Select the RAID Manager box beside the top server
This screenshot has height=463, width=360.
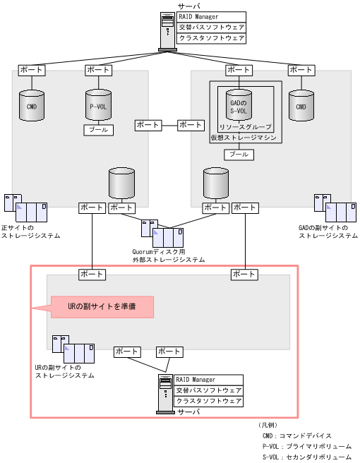coord(211,16)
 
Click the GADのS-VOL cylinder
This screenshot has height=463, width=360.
coord(238,105)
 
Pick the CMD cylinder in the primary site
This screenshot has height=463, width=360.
coord(32,105)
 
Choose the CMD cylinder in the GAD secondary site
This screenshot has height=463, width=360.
coord(301,105)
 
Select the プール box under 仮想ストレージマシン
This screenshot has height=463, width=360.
coord(238,154)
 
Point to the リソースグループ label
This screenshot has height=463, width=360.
coord(243,127)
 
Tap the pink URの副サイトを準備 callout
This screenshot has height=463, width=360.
coord(101,307)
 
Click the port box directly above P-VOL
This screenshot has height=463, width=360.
coord(97,71)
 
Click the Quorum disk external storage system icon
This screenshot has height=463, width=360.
coord(162,234)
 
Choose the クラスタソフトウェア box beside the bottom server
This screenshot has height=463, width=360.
coord(209,401)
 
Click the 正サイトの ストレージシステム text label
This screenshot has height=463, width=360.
coord(30,231)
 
